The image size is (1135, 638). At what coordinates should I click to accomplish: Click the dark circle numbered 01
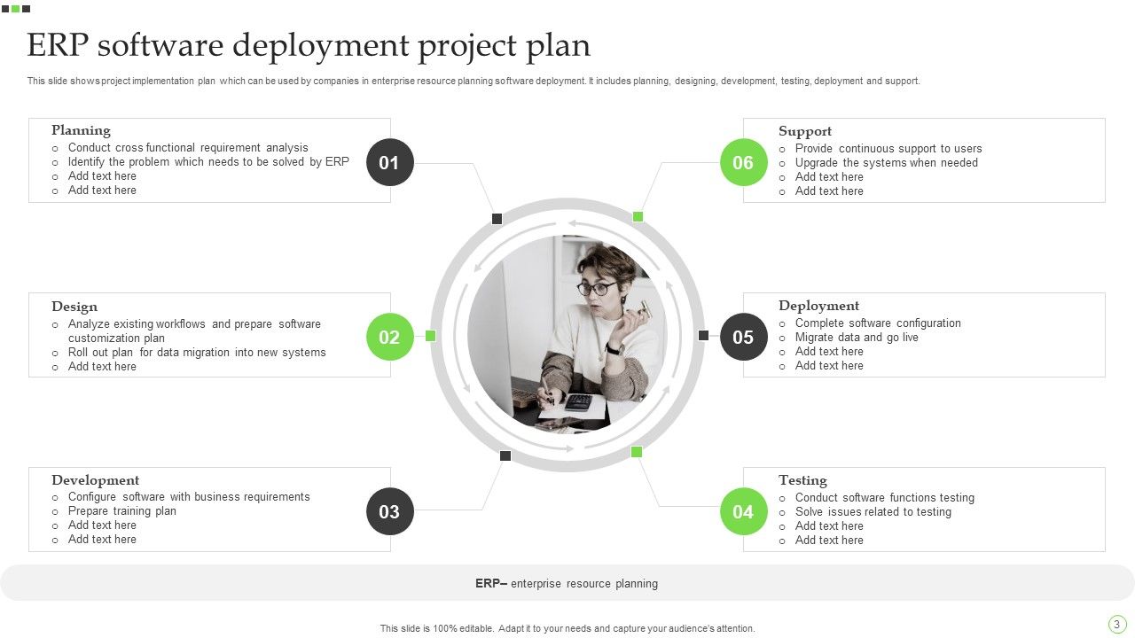point(389,162)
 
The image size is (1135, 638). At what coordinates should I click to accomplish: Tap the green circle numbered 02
point(389,337)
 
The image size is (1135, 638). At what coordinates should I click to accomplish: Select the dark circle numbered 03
point(389,511)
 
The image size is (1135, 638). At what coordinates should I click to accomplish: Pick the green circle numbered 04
point(743,511)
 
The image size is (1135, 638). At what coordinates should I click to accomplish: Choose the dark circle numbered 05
point(743,337)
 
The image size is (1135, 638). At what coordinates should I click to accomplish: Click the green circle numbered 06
point(743,162)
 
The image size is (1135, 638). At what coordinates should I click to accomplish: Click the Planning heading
point(81,130)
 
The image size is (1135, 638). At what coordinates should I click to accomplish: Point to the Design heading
point(74,307)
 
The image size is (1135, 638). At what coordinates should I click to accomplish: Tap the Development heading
point(95,480)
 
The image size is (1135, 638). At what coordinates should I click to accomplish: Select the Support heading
point(805,131)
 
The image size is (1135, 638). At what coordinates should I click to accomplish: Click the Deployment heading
point(818,306)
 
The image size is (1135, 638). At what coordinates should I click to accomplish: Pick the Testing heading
point(802,480)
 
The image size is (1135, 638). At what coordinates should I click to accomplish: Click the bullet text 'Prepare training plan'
point(122,511)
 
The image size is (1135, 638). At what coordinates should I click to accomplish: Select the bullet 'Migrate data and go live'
point(857,338)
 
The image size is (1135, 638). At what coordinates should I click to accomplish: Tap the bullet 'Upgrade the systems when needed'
point(886,163)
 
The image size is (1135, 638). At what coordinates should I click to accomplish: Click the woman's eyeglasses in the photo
point(594,288)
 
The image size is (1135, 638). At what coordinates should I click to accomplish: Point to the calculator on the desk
point(578,402)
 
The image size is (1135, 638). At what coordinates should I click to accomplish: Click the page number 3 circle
point(1116,625)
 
